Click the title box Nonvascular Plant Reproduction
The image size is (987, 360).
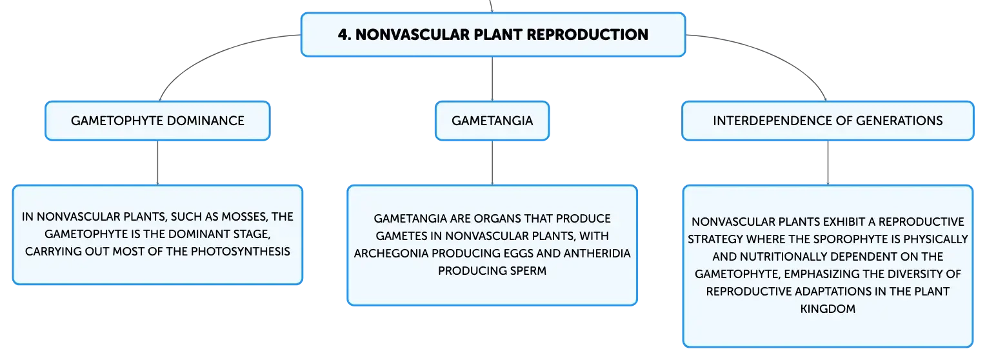click(493, 35)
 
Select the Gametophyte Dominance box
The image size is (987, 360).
click(158, 121)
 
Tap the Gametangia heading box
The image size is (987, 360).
click(492, 121)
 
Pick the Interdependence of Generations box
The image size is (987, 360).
click(828, 121)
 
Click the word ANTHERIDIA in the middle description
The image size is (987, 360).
click(597, 254)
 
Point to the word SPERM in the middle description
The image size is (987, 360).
click(528, 270)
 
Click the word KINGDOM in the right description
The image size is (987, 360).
click(828, 309)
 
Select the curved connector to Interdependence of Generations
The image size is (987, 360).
click(775, 55)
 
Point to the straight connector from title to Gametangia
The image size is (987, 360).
click(492, 79)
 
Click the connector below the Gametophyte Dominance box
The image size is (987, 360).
click(157, 163)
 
